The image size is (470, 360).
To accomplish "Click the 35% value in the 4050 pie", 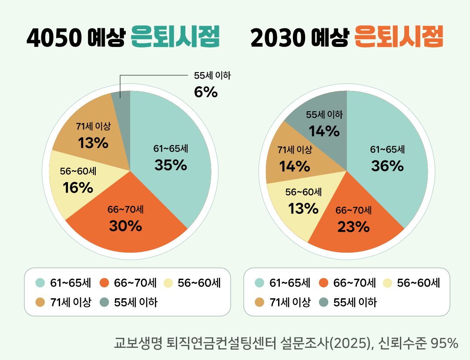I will tap(171, 165).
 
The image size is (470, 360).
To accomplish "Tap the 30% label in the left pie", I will tap(125, 226).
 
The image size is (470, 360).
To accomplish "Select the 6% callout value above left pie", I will tap(205, 92).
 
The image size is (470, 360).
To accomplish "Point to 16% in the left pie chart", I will tap(78, 188).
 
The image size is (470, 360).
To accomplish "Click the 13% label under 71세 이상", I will tap(93, 143).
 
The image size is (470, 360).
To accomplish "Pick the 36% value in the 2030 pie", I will tap(387, 166).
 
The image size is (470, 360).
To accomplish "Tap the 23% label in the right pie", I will tap(353, 227).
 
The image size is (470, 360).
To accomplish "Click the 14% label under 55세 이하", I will tap(324, 131).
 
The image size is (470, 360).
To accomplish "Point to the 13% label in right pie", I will tap(303, 209).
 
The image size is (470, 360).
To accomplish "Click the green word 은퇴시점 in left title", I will tap(175, 38).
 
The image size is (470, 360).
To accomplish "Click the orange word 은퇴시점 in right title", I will tap(399, 38).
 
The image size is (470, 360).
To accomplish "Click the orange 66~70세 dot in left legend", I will tap(104, 283).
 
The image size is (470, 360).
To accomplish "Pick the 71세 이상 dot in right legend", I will tap(260, 302).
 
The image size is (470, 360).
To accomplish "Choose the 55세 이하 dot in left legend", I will tap(104, 302).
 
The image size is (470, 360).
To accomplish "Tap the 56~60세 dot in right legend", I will tap(387, 283).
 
